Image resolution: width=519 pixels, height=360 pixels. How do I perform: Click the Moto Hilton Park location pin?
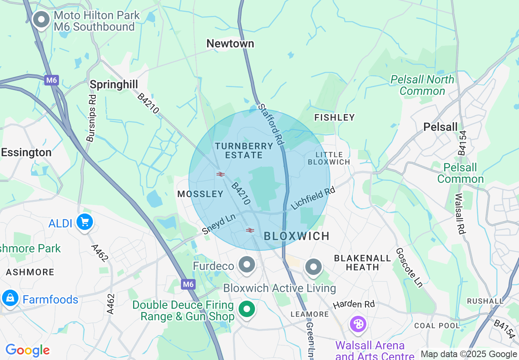41,20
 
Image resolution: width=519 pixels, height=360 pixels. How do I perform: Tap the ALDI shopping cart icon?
85,223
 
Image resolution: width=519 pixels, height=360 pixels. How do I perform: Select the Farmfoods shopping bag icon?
10,298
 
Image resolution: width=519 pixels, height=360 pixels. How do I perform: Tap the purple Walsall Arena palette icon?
358,324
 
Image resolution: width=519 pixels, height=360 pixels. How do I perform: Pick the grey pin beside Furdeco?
246,265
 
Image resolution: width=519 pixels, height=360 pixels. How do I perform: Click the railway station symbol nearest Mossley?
221,174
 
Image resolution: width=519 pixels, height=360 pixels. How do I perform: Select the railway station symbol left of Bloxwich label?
250,230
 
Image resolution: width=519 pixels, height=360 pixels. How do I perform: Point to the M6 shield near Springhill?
52,80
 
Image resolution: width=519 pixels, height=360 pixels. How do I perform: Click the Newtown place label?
230,43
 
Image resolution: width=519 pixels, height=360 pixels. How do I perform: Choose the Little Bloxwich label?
329,158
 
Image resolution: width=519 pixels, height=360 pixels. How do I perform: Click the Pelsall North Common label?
422,85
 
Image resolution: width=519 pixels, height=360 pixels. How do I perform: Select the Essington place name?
26,153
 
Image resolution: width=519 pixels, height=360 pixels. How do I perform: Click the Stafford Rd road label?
271,124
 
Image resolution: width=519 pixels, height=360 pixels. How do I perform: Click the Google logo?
27,350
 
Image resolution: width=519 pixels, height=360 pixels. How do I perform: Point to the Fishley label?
334,118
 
